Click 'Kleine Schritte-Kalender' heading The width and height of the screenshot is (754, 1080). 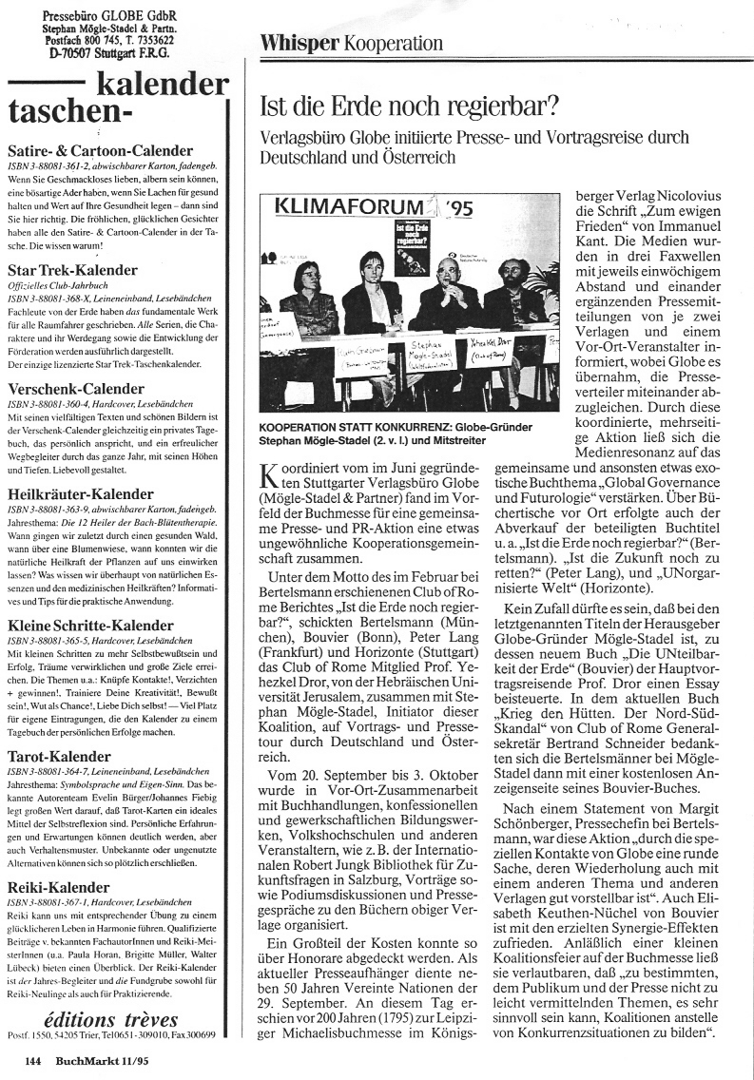point(90,626)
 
